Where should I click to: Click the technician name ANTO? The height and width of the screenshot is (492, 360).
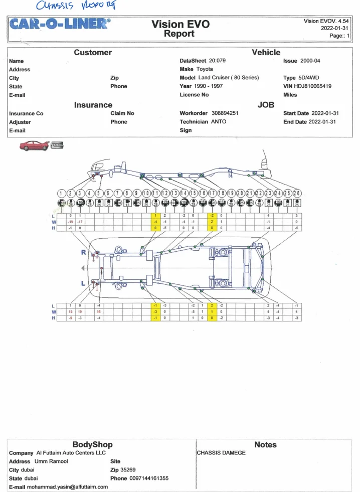tap(219, 122)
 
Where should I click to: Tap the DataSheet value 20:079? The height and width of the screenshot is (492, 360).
tap(217, 61)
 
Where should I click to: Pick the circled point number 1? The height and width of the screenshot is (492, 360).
tap(62, 194)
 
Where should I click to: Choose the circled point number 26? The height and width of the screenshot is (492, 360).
tap(297, 194)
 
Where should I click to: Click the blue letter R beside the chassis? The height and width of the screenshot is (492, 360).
tap(84, 252)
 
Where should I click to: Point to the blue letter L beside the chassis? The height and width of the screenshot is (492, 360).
tap(84, 283)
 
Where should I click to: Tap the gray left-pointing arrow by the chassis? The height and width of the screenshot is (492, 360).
tap(83, 268)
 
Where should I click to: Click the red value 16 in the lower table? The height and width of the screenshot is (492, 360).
tap(99, 311)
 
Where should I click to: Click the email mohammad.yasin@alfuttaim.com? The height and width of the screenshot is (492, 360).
tap(67, 486)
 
